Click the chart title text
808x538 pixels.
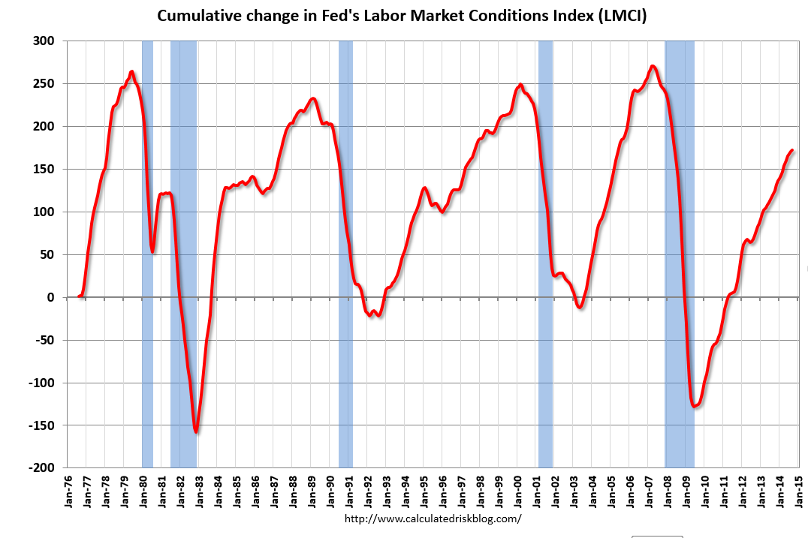pyautogui.click(x=402, y=16)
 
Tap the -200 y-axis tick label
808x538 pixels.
pyautogui.click(x=43, y=467)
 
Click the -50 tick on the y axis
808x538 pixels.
pyautogui.click(x=46, y=340)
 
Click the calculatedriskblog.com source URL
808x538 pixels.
pyautogui.click(x=433, y=518)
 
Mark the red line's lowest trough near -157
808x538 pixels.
pyautogui.click(x=196, y=431)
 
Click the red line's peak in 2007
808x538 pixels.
pyautogui.click(x=653, y=66)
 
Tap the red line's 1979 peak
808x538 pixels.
pyautogui.click(x=131, y=72)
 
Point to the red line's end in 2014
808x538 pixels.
pyautogui.click(x=792, y=151)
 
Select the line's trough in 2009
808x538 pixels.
pyautogui.click(x=695, y=407)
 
